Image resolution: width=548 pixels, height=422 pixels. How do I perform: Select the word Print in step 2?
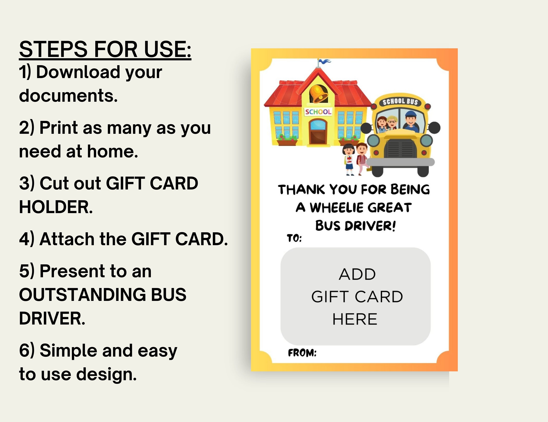point(59,128)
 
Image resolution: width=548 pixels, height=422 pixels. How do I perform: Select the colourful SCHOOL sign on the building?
point(318,112)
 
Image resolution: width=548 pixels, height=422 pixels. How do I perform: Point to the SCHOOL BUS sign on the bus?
point(400,101)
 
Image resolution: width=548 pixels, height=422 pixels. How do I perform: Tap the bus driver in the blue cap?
point(411,121)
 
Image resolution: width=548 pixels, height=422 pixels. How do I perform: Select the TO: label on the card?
point(294,238)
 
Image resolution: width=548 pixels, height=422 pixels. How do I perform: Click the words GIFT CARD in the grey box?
point(357,297)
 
